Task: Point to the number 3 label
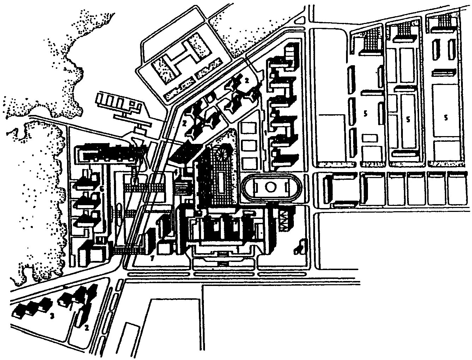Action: [52, 316]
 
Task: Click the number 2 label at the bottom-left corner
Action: [86, 328]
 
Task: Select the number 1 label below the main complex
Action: [152, 258]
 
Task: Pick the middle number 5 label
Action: [408, 119]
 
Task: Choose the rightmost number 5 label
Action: [446, 117]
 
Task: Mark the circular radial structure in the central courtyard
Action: [222, 154]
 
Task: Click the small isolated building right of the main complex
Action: [300, 247]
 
